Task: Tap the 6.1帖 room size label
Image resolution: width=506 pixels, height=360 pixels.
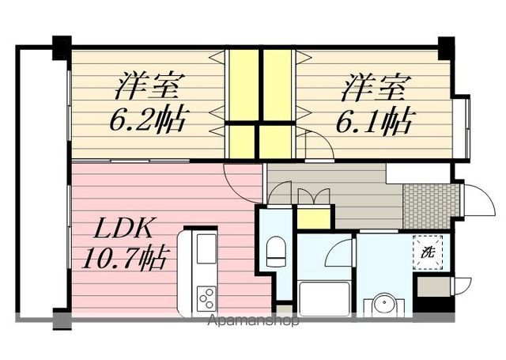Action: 374,119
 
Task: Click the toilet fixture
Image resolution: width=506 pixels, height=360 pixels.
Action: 275,251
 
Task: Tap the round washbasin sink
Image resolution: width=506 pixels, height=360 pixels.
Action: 384,303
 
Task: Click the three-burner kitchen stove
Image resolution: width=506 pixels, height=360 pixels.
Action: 206,298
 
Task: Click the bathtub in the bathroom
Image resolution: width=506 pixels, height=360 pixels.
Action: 324,299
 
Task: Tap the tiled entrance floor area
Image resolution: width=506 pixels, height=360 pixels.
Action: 431,206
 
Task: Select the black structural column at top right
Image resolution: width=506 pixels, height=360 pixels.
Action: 446,47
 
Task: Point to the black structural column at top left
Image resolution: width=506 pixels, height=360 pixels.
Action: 62,47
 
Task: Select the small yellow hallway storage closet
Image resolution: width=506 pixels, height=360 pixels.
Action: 314,218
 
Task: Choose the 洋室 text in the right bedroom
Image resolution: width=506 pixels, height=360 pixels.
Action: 374,87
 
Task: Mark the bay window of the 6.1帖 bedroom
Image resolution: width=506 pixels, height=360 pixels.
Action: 462,127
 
